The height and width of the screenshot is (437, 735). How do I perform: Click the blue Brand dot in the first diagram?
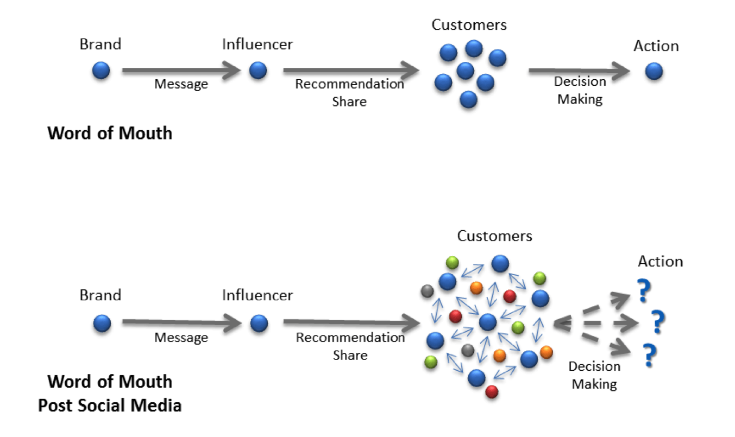pos(101,71)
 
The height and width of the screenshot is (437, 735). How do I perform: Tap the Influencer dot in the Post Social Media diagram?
pos(259,324)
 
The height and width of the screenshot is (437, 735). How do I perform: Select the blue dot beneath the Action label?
pos(654,71)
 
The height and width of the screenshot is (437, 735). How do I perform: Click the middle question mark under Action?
pos(658,322)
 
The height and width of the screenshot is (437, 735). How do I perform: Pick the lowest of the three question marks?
pos(648,356)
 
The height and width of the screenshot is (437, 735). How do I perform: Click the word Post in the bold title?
pos(55,405)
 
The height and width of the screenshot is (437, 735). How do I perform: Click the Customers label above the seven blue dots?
pos(469,24)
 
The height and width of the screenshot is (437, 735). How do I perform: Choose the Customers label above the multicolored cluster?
pos(494,236)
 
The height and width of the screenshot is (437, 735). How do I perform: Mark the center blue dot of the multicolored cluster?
pos(488,322)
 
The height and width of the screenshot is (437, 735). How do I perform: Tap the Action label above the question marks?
pos(660,262)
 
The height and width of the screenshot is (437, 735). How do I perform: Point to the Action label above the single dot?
pos(656,46)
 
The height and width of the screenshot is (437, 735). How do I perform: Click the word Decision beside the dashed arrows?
pos(594,366)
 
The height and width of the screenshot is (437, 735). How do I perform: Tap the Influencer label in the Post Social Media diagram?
pos(257,296)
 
